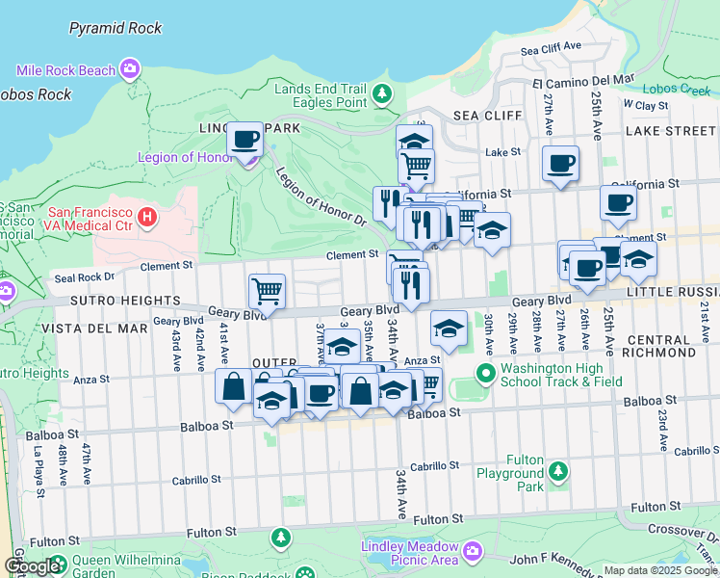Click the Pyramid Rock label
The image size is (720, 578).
116,28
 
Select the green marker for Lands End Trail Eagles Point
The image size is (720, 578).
383,93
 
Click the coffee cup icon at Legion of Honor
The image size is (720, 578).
245,139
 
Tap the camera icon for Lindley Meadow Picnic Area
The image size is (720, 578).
473,551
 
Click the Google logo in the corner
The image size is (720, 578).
33,566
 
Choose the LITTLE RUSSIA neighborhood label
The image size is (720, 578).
672,290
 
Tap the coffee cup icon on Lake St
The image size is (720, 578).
560,163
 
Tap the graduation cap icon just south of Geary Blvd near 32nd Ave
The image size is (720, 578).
449,328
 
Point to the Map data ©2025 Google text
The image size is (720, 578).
659,570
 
